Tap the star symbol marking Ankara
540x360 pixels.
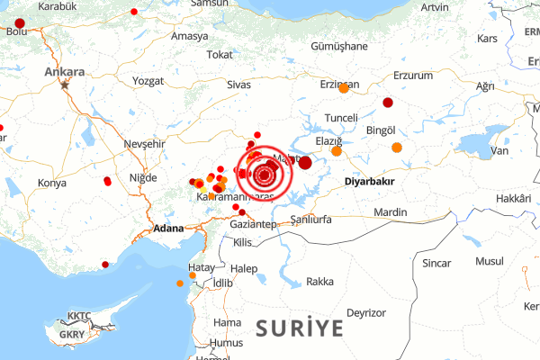(65, 85)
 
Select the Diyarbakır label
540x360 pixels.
(370, 181)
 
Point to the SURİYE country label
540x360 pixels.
(299, 327)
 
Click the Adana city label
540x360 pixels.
(168, 229)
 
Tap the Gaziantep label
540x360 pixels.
(253, 223)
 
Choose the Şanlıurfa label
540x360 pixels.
(312, 220)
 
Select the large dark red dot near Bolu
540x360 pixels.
(21, 23)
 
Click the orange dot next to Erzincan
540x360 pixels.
(344, 88)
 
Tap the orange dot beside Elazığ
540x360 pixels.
(337, 151)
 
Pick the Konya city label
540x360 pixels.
(52, 183)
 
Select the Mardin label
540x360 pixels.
(390, 212)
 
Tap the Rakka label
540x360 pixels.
(319, 282)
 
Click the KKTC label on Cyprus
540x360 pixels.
(80, 316)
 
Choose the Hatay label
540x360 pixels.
(200, 268)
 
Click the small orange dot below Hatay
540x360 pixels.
(180, 283)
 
